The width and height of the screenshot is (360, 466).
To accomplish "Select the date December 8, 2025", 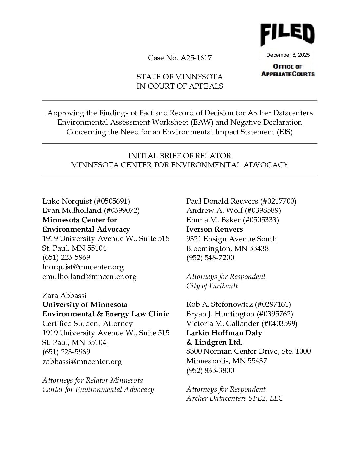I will (288, 55).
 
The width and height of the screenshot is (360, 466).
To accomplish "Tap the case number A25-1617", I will (196, 58).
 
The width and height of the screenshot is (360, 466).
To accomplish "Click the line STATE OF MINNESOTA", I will (180, 77).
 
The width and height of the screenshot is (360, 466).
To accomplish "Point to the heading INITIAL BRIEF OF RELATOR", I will (180, 156).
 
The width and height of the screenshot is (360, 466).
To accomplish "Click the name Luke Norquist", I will (67, 201).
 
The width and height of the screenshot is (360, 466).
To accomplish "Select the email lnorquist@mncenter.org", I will (83, 267).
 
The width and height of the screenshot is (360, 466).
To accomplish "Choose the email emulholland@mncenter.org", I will (89, 276).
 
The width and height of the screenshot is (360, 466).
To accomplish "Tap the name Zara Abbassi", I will (65, 295).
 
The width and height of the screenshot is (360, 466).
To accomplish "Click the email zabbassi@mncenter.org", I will (82, 361).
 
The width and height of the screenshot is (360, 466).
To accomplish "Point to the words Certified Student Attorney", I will (87, 323).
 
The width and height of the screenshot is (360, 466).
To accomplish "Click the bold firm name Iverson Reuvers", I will (214, 229).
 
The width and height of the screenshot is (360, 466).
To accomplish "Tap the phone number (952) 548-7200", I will (210, 257).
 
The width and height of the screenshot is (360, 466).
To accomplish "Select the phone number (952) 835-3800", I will (210, 370).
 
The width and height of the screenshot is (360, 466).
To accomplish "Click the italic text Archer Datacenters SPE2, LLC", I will (235, 398).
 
